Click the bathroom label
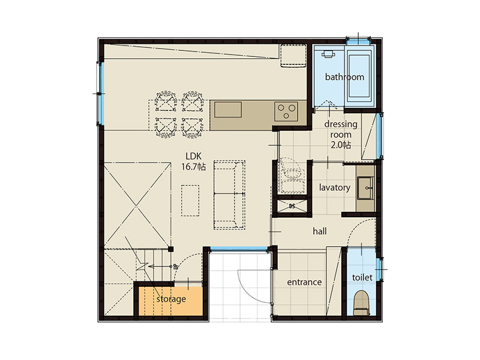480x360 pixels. tap(344, 77)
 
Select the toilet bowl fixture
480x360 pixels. tap(362, 303)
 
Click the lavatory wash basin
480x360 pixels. tap(365, 188)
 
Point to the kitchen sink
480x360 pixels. tap(228, 110)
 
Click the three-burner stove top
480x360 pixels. tap(286, 111)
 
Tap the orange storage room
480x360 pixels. tap(171, 301)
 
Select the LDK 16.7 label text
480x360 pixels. tap(193, 161)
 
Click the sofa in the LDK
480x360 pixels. tap(229, 195)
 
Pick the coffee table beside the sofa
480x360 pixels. tap(190, 200)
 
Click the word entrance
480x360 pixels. tap(304, 282)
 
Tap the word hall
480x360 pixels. tap(320, 231)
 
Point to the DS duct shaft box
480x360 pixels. tap(292, 206)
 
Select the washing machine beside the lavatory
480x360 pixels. tap(292, 176)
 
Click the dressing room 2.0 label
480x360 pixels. tap(341, 134)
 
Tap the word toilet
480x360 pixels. tap(362, 278)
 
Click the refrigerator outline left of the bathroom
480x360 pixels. tap(293, 55)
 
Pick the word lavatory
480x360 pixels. tap(335, 187)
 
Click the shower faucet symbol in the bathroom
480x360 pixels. tap(328, 54)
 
